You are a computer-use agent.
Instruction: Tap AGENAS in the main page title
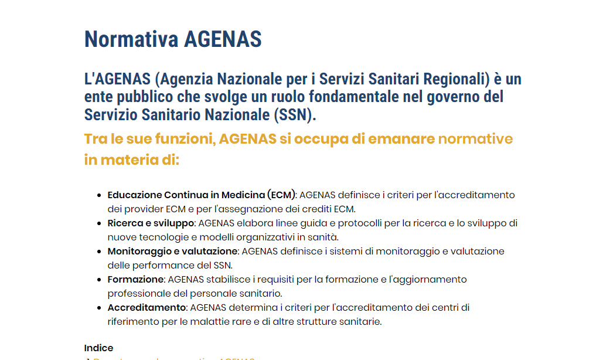pos(223,40)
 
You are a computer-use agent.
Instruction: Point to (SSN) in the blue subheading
pos(294,114)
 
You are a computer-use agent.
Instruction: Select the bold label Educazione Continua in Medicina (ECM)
pos(202,195)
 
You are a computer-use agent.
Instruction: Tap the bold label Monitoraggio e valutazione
pos(172,251)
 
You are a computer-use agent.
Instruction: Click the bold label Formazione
pos(135,279)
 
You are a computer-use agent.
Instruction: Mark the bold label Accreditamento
pos(147,307)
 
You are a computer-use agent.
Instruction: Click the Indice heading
pos(98,348)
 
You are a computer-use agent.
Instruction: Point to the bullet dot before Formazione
pos(99,280)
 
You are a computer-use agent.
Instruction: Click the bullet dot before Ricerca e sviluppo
pos(99,223)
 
